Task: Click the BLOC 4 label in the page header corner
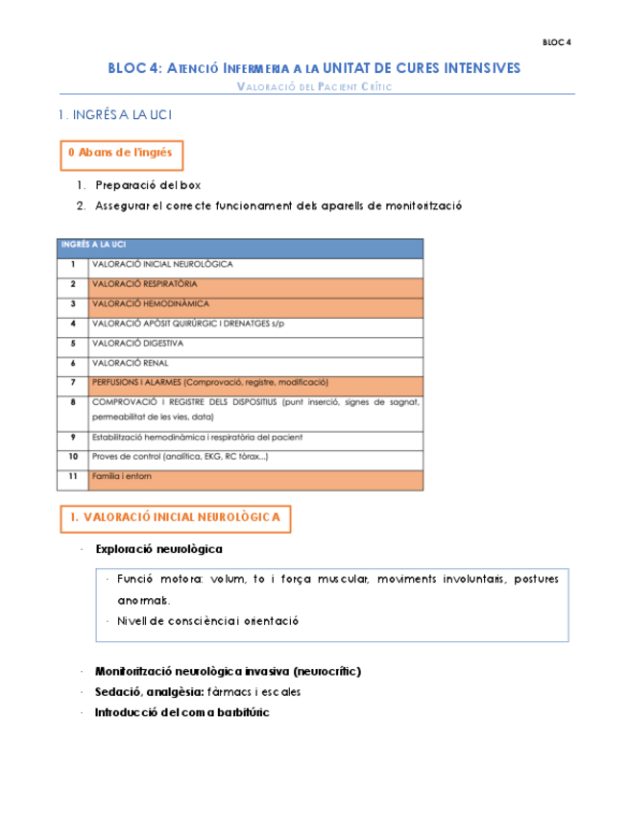click(x=556, y=42)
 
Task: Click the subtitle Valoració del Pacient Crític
click(x=314, y=86)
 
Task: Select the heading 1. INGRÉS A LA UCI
click(x=115, y=115)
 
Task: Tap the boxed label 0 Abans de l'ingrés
click(x=121, y=154)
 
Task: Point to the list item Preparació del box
click(x=148, y=185)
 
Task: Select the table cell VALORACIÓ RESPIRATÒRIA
click(x=145, y=284)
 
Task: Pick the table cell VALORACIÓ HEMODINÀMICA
click(x=150, y=303)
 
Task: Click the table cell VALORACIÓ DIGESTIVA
click(x=137, y=343)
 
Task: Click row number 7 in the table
click(x=73, y=382)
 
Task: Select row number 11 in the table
click(x=73, y=476)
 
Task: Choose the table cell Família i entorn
click(x=122, y=476)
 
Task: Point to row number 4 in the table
click(x=73, y=323)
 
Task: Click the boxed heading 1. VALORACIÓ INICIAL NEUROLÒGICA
click(x=175, y=517)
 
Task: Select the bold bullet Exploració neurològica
click(x=158, y=549)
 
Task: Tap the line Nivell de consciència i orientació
click(x=208, y=621)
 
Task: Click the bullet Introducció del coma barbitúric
click(x=181, y=712)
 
